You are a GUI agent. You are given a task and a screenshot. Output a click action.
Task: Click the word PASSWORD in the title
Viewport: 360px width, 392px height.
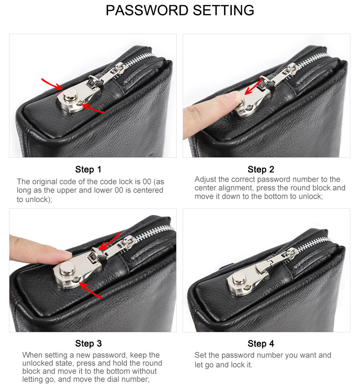pos(147,10)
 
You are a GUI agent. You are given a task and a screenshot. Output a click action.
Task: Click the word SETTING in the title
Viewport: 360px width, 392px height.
pos(223,10)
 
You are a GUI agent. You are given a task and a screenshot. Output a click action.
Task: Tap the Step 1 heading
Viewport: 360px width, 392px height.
pos(88,169)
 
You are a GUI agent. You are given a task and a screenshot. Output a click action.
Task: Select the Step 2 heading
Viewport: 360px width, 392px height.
pos(261,169)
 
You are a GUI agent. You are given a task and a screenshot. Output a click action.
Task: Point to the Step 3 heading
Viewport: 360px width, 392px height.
pos(88,344)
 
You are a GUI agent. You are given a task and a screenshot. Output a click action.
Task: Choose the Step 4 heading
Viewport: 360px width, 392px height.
pos(261,344)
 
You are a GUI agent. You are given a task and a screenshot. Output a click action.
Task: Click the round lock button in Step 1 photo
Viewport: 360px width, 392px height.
pos(70,95)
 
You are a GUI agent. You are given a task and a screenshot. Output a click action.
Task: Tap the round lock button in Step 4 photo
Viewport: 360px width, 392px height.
pos(239,278)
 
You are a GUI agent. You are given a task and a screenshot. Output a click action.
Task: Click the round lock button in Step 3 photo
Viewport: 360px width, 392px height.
pos(67,268)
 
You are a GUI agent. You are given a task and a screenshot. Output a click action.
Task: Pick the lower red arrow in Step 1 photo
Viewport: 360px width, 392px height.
pos(93,108)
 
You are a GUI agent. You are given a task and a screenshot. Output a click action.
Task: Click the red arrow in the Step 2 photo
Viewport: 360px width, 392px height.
pos(253,86)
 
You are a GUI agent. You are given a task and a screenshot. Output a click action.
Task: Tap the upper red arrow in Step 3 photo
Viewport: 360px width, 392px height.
pos(109,241)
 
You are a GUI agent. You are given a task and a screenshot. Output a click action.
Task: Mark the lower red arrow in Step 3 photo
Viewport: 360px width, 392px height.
pos(91,290)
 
